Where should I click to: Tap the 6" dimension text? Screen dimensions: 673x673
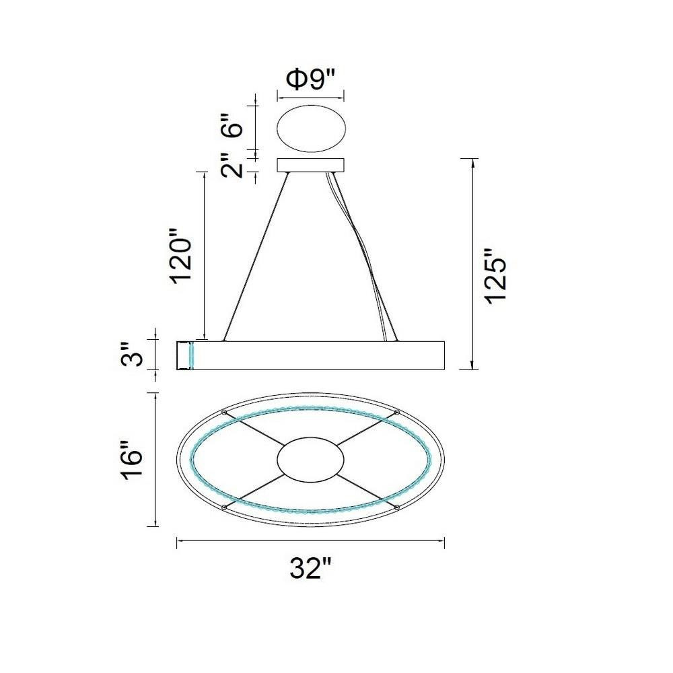(232, 125)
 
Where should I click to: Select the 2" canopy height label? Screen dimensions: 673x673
(232, 165)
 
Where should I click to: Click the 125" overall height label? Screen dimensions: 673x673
(497, 277)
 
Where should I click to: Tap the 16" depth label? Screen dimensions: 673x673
(132, 459)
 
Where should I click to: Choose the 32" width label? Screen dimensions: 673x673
(311, 569)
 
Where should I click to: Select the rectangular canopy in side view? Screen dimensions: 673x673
(311, 166)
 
